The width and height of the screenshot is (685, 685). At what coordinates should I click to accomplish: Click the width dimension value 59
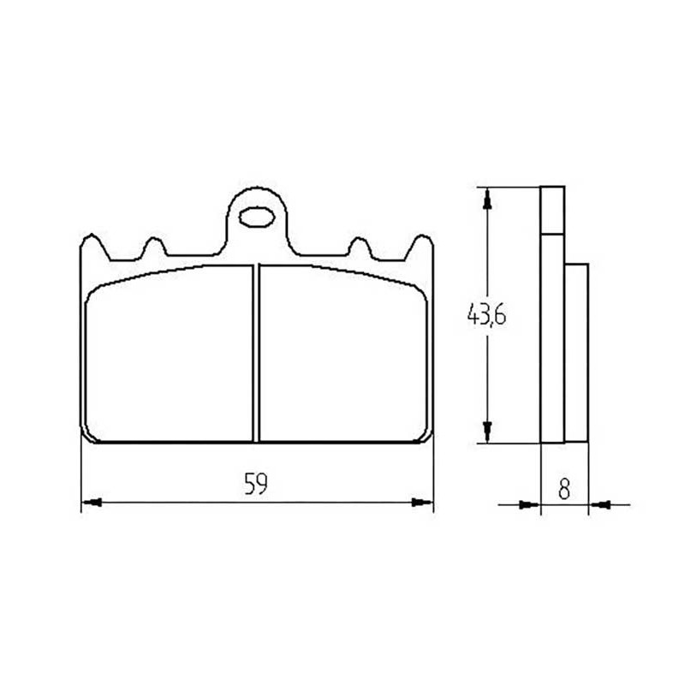(x=255, y=484)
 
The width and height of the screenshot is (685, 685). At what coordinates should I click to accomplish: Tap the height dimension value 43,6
(x=486, y=314)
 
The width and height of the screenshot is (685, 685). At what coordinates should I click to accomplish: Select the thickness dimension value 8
(x=564, y=489)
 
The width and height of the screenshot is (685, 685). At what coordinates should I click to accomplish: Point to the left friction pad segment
(x=170, y=353)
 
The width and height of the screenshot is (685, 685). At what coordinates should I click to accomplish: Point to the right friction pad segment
(x=343, y=353)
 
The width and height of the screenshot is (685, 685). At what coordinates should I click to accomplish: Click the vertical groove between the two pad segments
(x=256, y=353)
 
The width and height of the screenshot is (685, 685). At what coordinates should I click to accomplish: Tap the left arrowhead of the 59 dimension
(x=92, y=503)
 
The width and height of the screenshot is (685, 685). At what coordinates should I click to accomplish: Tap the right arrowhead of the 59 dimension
(x=422, y=503)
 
